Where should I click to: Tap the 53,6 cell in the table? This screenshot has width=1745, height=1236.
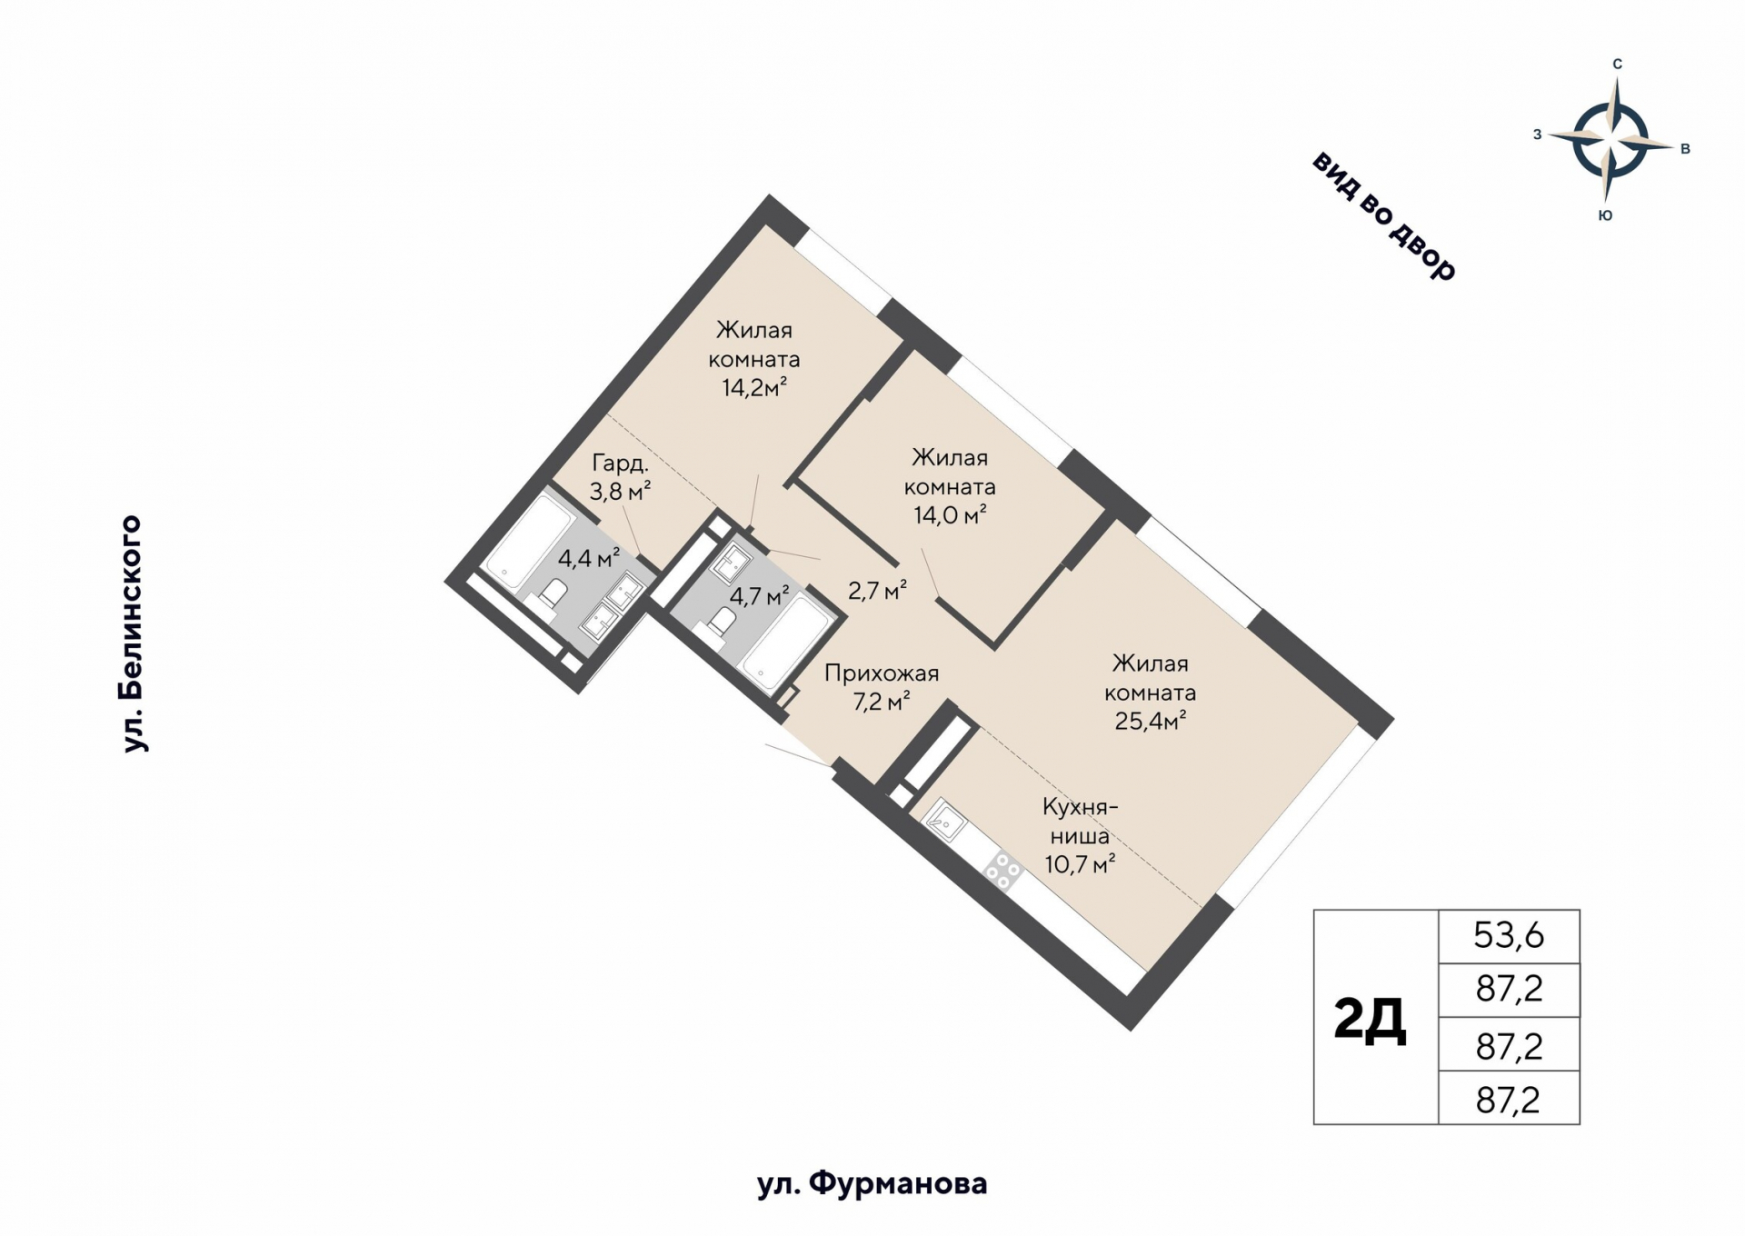pos(1509,934)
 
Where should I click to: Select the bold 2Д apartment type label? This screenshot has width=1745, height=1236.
pos(1370,1018)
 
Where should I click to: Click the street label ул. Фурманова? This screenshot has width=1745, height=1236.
pos(872,1183)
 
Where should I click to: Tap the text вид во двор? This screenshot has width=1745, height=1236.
pos(1384,215)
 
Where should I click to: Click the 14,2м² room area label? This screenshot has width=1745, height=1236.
pos(753,388)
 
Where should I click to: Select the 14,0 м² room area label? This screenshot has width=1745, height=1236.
pos(950,515)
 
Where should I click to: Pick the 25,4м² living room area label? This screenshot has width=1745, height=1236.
pos(1150,721)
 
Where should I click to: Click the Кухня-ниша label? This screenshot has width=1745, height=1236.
pos(1079,821)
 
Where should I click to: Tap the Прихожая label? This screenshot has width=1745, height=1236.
pos(881,673)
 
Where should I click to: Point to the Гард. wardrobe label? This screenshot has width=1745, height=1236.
pos(620,463)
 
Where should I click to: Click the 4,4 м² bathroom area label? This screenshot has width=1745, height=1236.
pos(588,557)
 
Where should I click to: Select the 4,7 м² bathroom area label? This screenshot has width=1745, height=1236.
pos(760,596)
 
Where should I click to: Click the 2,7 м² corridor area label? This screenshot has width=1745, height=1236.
pos(877,591)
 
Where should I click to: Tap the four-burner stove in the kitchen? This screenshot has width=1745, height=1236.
pos(1003,869)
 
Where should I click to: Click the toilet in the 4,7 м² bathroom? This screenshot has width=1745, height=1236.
pos(723,622)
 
